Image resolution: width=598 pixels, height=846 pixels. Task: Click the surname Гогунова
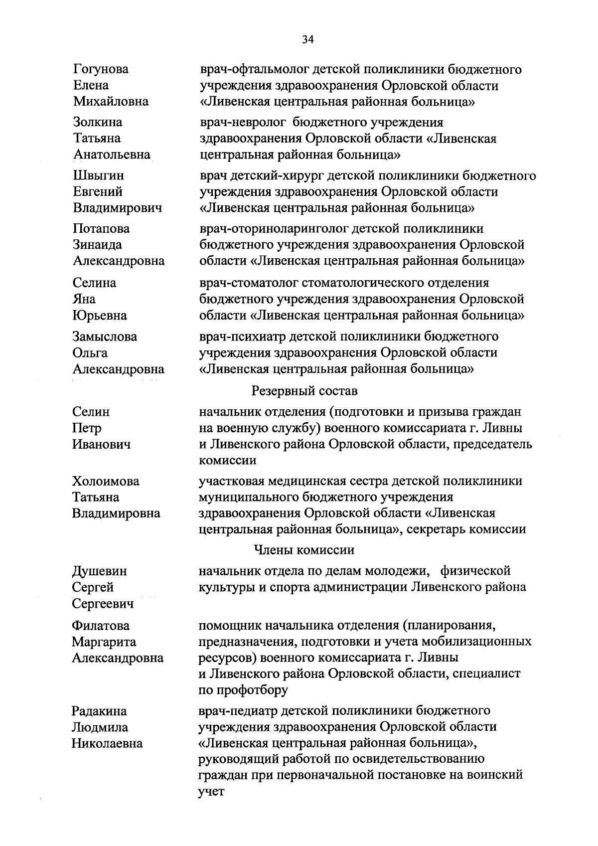coord(101,69)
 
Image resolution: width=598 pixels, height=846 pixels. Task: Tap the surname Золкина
coord(98,122)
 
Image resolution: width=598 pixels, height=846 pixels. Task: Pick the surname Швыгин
coord(98,175)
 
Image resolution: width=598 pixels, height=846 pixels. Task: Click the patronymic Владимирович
coord(118,208)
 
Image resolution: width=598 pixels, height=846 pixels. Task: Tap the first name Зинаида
coord(97,245)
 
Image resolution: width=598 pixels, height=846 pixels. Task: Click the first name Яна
coord(84,299)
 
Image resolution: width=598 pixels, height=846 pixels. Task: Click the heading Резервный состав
coord(304,391)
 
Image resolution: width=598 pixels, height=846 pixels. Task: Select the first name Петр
coord(87,428)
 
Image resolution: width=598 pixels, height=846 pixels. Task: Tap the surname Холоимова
coord(106,481)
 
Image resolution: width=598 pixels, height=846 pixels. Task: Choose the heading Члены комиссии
coord(304,550)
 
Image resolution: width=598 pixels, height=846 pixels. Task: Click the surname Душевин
coord(99,571)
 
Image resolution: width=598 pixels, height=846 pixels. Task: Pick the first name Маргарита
coord(104,642)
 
